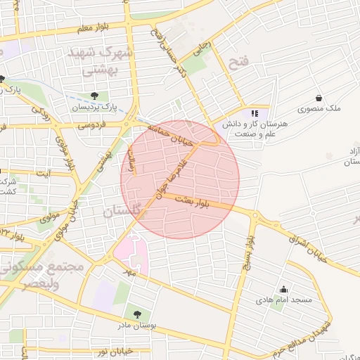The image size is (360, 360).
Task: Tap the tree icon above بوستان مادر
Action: (x=137, y=314)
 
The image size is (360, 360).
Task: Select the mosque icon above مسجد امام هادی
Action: (x=283, y=289)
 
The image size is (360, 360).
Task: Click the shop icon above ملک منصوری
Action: (x=319, y=98)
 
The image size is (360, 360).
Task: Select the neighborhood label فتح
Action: (x=238, y=63)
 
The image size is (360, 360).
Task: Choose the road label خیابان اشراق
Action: (x=309, y=246)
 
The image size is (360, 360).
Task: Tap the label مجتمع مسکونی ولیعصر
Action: (x=44, y=276)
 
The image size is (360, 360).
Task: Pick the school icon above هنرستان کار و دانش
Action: (x=255, y=112)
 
